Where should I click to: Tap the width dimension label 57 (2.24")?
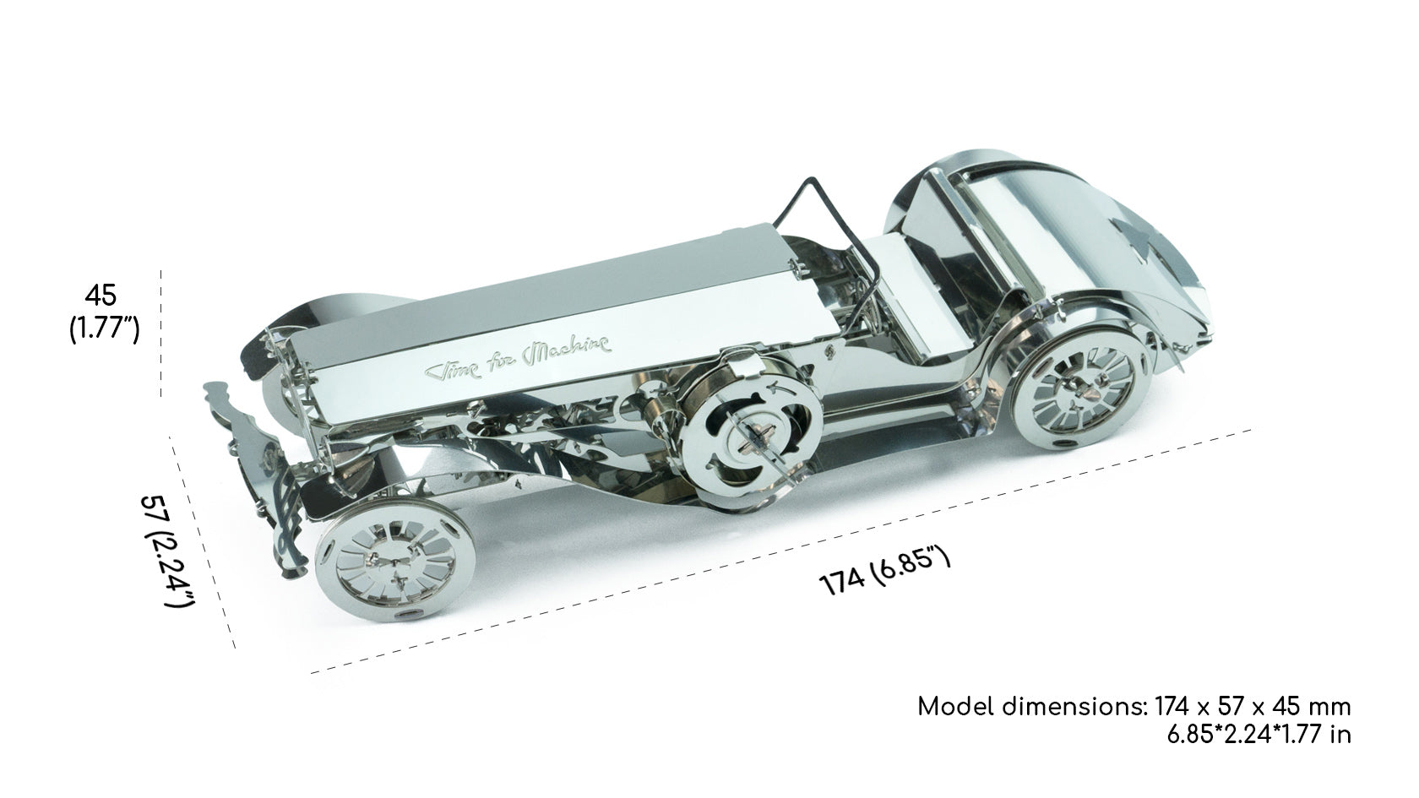click(x=166, y=551)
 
